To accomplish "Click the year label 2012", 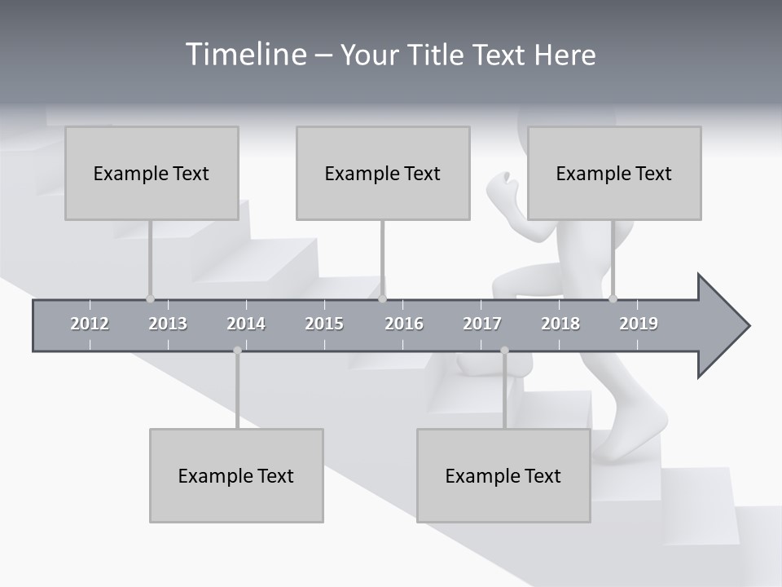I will pos(90,324).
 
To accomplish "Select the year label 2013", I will pos(168,324).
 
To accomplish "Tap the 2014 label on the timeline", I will pos(246,324).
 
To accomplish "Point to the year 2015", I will pos(324,324).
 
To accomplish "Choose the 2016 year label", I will pos(404,324).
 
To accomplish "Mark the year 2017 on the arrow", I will pos(482,324).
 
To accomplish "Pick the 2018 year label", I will pos(560,324).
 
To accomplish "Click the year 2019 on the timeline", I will pos(639,324).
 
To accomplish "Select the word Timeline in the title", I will pos(244,55).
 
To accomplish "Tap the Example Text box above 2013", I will pos(152,173).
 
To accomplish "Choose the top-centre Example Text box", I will pos(383,173).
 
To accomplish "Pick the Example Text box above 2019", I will pos(614,173).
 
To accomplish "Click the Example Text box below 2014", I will pos(236,475).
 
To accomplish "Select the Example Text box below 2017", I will pos(503,475).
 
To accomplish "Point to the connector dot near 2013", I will pos(150,298).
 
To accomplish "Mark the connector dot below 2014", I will pos(237,351).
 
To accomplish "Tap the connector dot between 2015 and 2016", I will pos(382,298).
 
